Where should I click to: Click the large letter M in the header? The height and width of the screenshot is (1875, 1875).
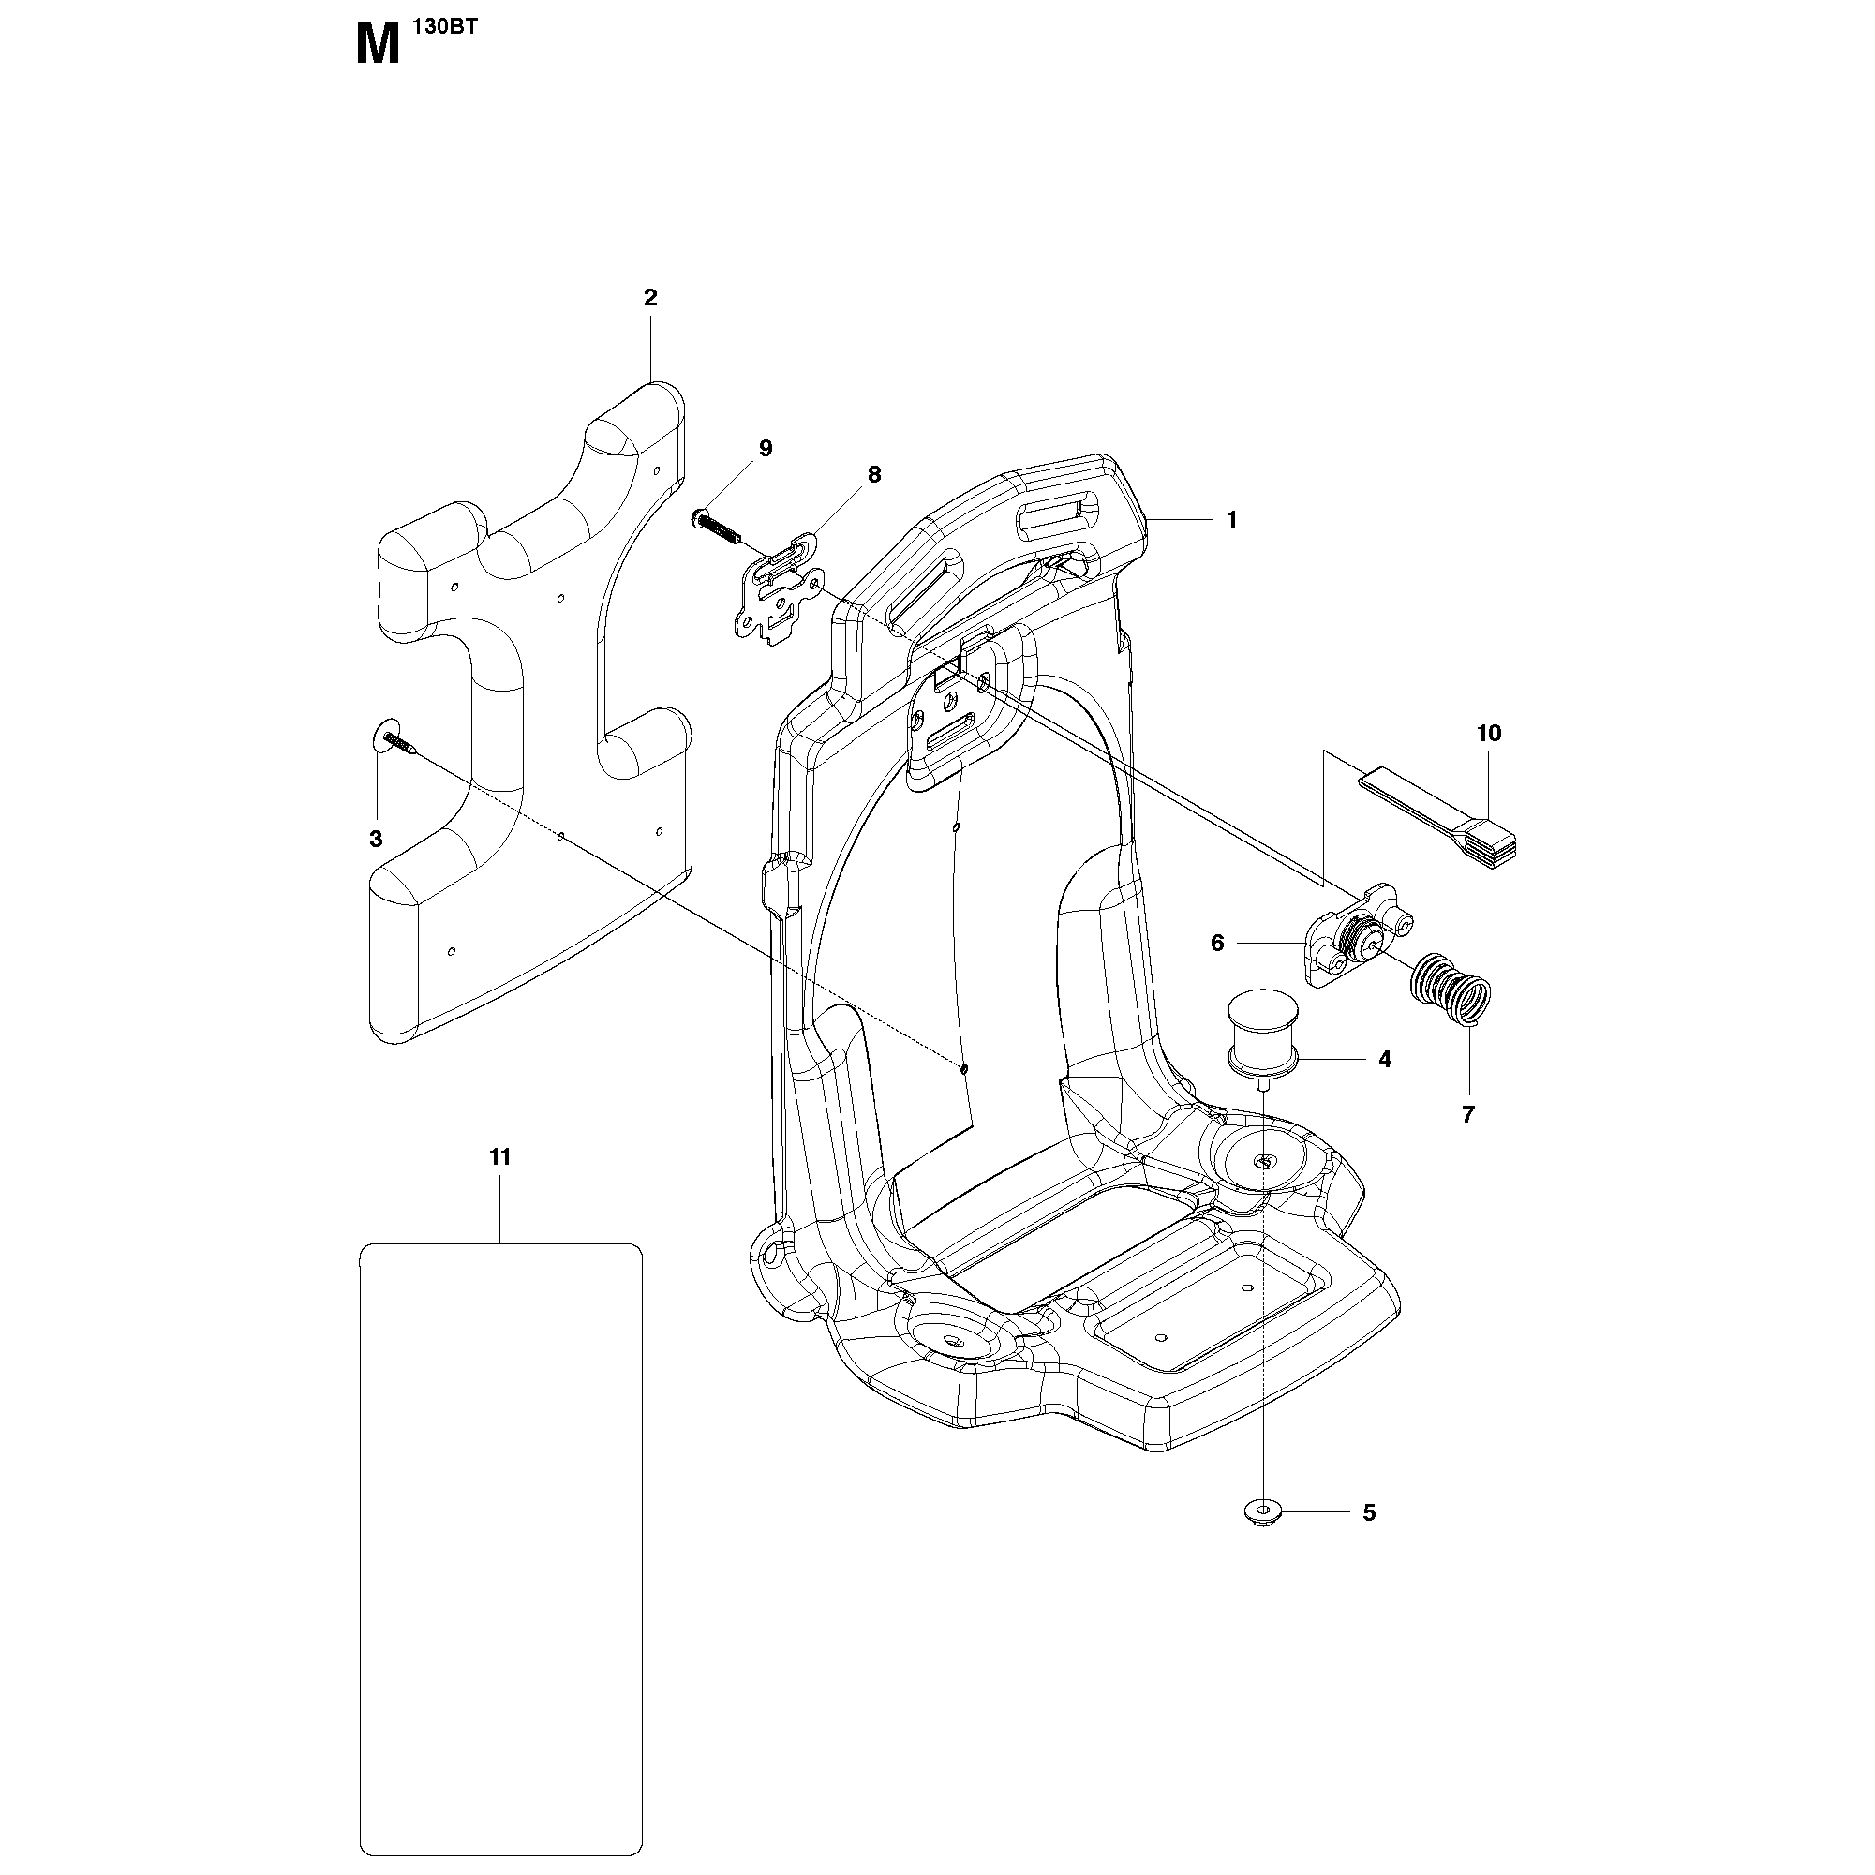tap(379, 46)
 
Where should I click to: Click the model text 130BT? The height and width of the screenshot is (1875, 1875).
tap(445, 28)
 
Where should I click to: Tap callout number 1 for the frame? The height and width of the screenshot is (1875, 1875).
tap(1231, 520)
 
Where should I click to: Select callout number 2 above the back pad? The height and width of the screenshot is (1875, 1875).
tap(650, 298)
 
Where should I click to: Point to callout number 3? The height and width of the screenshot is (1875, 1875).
tap(376, 840)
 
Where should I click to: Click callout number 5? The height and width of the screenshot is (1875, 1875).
tap(1369, 1513)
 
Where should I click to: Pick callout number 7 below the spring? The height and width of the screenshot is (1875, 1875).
tap(1467, 1115)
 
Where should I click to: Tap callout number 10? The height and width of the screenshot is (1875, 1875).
tap(1489, 734)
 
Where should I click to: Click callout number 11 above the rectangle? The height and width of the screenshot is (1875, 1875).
tap(499, 1157)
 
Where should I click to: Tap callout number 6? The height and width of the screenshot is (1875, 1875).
tap(1217, 944)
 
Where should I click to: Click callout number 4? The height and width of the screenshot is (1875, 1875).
tap(1385, 1060)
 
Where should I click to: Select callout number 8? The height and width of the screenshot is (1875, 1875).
tap(874, 474)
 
